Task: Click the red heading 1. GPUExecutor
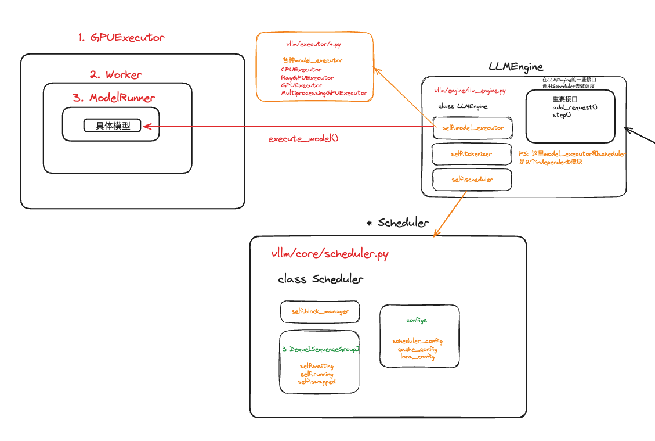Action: [121, 37]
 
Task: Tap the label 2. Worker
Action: [115, 74]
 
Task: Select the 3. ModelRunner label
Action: [114, 98]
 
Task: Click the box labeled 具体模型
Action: [113, 126]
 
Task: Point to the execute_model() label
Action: [303, 139]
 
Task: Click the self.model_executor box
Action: [473, 127]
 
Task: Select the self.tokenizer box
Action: [471, 154]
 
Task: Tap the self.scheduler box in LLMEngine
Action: [472, 180]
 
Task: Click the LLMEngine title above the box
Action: [516, 67]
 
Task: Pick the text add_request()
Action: [574, 107]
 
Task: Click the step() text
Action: [561, 114]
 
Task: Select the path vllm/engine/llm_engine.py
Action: [469, 91]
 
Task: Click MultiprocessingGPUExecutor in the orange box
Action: [324, 93]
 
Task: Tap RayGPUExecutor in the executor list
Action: [307, 77]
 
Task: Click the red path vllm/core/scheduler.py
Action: [330, 254]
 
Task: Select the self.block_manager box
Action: [320, 311]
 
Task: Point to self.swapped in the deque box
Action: [317, 382]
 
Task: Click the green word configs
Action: [417, 320]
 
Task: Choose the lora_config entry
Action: [417, 356]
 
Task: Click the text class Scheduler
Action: [320, 279]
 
